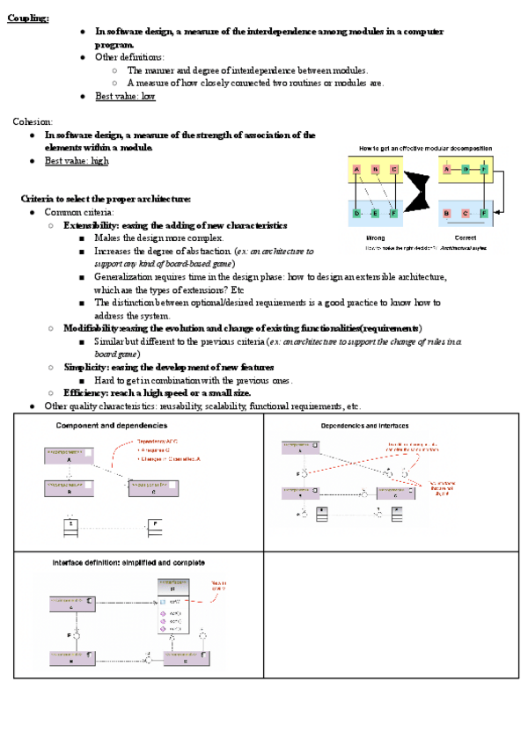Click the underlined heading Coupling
click(27, 18)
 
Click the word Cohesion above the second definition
click(33, 121)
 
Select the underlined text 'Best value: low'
click(125, 97)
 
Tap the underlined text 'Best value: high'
click(77, 161)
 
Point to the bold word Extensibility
click(92, 225)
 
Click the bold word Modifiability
click(92, 328)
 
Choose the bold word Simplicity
click(86, 367)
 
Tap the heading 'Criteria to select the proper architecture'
click(106, 199)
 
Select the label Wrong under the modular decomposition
click(375, 238)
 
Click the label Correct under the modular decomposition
click(466, 238)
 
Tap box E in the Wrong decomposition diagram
click(375, 213)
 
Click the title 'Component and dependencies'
click(112, 426)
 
